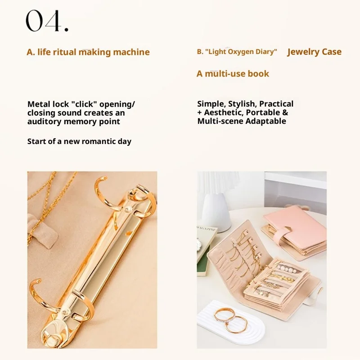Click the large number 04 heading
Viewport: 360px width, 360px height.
tap(47, 21)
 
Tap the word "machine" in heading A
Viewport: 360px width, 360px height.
tap(131, 52)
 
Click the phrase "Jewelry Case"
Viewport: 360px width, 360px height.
tap(314, 52)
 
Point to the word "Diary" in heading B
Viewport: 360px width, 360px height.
tap(266, 52)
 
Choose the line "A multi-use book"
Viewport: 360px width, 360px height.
tap(233, 74)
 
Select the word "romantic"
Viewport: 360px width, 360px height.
tap(99, 141)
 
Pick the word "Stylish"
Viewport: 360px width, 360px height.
tap(242, 104)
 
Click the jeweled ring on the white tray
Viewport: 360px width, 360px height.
tap(224, 316)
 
